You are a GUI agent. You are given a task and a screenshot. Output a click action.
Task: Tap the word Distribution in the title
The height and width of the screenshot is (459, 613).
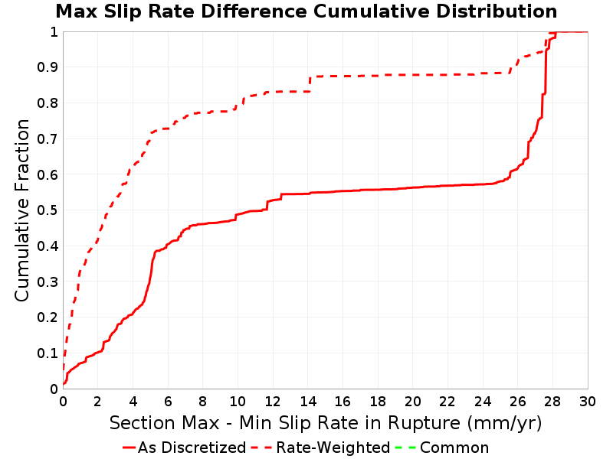pos(497,11)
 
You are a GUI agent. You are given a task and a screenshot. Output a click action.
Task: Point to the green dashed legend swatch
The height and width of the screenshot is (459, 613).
pos(406,448)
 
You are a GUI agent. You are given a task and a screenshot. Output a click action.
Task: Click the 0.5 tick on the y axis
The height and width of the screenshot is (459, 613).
pos(48,210)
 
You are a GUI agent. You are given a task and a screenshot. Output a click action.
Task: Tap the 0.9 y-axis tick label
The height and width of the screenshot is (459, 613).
pos(48,67)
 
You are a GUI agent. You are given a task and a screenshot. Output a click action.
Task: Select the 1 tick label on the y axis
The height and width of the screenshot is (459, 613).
pos(54,32)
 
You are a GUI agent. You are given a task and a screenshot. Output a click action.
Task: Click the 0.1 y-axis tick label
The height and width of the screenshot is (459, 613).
pos(48,353)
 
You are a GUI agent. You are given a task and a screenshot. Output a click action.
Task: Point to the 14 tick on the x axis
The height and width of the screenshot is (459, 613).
pos(308,401)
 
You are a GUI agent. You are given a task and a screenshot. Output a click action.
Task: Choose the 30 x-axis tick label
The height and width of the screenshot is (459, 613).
pos(588,401)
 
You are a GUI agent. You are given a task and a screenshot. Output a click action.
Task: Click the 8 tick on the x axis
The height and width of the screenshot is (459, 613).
pos(203,401)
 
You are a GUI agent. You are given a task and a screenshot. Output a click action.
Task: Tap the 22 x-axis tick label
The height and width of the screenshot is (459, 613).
pos(447,401)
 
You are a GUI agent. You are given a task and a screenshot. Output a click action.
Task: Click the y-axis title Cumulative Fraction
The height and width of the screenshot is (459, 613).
pos(22,210)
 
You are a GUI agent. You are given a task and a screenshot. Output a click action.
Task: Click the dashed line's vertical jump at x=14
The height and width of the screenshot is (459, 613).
pos(310,83)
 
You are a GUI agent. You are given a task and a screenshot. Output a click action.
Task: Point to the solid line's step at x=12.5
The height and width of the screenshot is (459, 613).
pos(281,197)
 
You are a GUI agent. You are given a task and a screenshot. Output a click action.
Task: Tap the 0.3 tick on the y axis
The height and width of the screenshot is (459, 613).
pos(48,282)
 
